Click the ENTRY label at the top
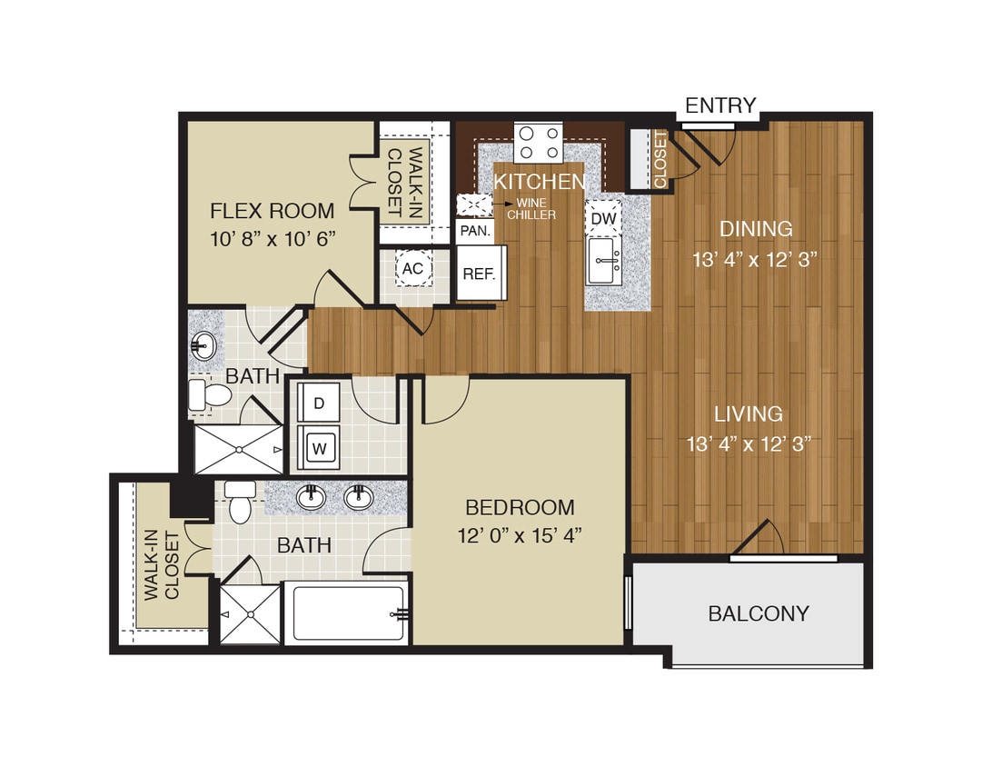[720, 105]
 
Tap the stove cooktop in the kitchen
[538, 142]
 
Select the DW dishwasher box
[603, 218]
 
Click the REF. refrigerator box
[481, 273]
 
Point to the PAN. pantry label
[475, 231]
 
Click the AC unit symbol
[412, 268]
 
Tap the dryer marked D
[319, 402]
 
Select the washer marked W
[319, 447]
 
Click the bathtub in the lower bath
[347, 613]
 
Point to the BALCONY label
[758, 613]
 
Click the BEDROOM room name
[520, 507]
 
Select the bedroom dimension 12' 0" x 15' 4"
[520, 535]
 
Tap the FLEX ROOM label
[273, 211]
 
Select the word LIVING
[748, 414]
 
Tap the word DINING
[756, 229]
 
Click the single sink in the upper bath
[204, 344]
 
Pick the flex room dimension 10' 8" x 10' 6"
[273, 239]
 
